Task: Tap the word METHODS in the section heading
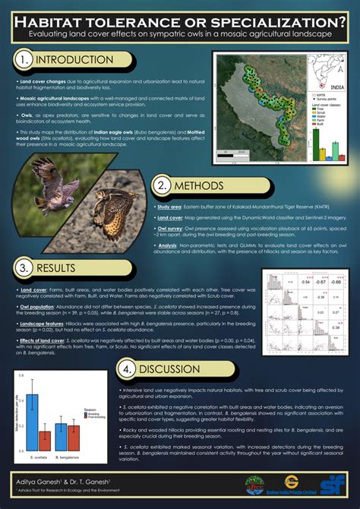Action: [199, 186]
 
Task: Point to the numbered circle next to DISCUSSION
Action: [127, 369]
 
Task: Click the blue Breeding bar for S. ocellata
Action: [33, 422]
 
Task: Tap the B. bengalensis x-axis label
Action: [67, 458]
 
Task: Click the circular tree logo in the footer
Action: [256, 484]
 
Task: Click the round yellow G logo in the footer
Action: [290, 481]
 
